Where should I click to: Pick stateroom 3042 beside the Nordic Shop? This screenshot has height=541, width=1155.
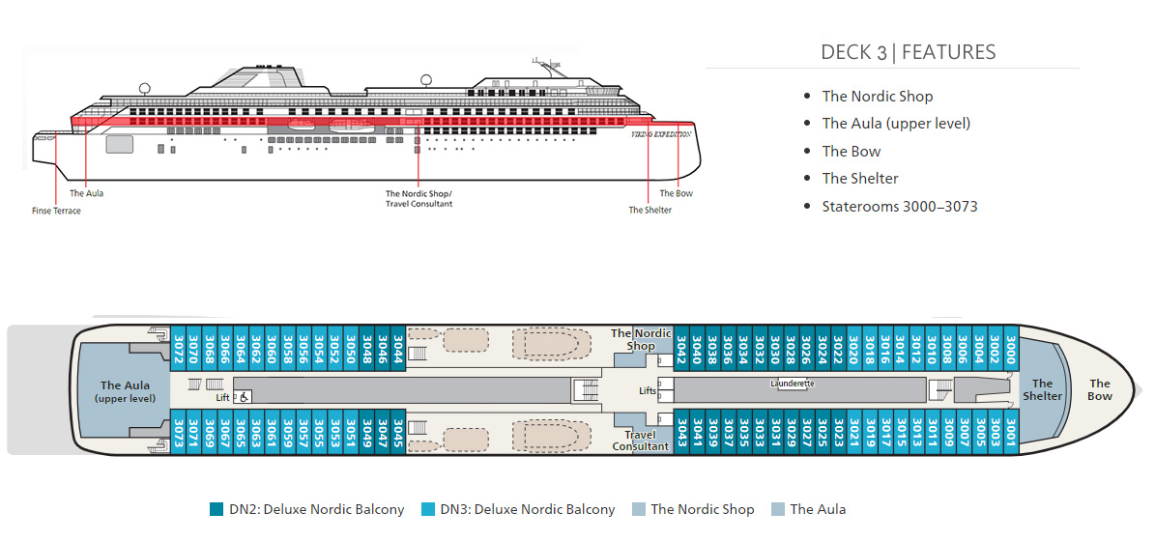click(681, 347)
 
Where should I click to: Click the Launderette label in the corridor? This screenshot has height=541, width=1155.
click(793, 384)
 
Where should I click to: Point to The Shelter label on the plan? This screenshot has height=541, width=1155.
click(1042, 389)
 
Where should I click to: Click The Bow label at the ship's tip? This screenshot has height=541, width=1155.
click(1100, 389)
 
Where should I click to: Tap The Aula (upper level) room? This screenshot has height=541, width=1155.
click(125, 391)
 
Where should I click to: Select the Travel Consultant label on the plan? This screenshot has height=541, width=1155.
click(640, 441)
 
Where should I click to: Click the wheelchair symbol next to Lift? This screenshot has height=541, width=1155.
click(245, 396)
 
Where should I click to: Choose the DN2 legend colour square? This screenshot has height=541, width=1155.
click(217, 509)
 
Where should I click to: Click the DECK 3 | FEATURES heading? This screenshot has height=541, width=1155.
click(908, 52)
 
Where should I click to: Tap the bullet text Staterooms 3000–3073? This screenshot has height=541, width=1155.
click(899, 206)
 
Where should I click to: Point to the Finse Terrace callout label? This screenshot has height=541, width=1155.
click(56, 211)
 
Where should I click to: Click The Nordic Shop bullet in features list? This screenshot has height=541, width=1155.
click(877, 96)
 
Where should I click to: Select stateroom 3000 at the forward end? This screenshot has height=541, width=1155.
click(1010, 347)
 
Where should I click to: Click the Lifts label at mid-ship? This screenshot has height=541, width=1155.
click(648, 390)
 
